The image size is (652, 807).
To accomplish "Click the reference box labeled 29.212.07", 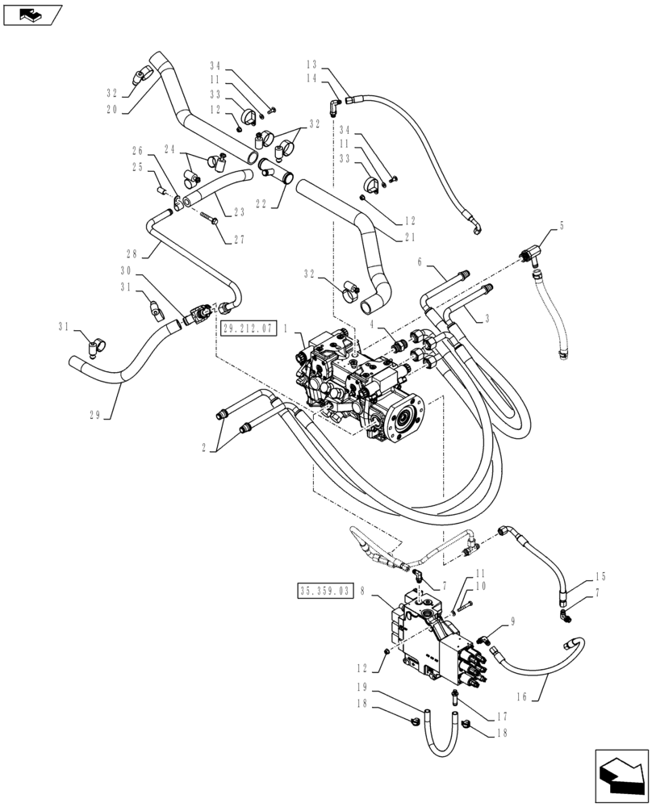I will click(x=247, y=328).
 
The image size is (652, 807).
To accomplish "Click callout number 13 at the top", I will click(x=312, y=63).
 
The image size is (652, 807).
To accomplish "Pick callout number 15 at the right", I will click(x=600, y=577).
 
